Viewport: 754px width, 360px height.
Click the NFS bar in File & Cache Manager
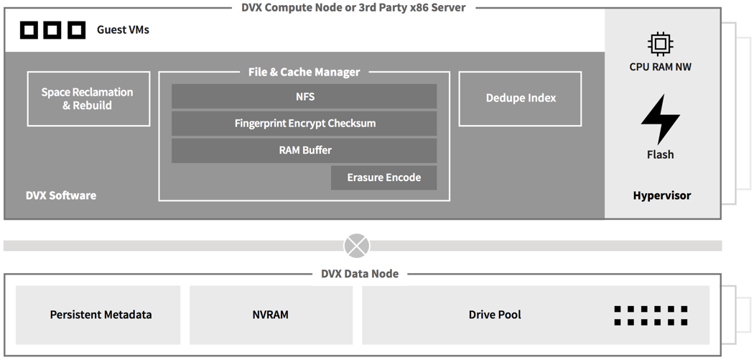[304, 96]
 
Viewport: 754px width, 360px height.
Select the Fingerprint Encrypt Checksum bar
[304, 123]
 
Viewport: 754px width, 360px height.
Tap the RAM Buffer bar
[304, 150]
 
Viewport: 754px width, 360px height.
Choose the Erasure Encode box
[383, 177]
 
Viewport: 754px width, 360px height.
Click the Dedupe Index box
[521, 98]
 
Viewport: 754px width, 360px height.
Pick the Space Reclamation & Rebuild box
[88, 98]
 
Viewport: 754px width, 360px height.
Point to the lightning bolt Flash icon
[660, 119]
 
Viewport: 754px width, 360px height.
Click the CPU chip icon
[660, 45]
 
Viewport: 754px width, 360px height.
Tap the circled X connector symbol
[357, 246]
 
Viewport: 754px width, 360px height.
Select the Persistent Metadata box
[98, 315]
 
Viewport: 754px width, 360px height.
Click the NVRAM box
[271, 315]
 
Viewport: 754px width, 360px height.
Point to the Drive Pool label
[495, 315]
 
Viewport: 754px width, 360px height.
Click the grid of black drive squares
[651, 315]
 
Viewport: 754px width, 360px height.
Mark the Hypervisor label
[661, 195]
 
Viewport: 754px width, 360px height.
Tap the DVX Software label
[60, 195]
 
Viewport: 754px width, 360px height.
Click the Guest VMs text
[123, 30]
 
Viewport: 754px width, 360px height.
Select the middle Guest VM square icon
[52, 30]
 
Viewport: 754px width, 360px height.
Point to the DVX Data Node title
[360, 273]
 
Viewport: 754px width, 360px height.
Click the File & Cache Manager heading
[304, 72]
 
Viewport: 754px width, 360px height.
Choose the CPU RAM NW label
[660, 67]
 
